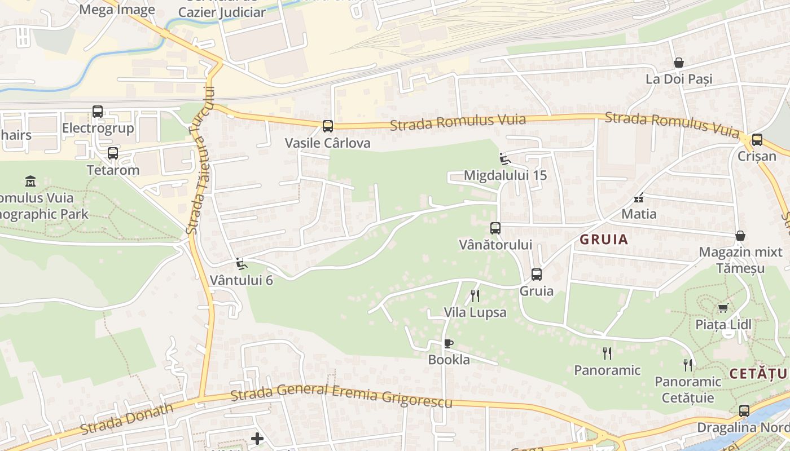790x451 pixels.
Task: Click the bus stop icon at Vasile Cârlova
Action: (x=328, y=126)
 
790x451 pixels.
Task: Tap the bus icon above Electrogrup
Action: (x=98, y=112)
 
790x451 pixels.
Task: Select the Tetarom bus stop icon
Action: (x=113, y=153)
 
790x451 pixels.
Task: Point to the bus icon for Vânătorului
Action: (x=495, y=228)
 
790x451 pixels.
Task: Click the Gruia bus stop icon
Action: (x=537, y=275)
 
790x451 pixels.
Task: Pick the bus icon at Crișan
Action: (x=757, y=140)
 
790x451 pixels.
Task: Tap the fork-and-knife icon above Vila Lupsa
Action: (x=475, y=296)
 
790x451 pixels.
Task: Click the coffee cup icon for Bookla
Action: (x=449, y=343)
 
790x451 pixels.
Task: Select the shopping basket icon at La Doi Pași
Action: (x=679, y=63)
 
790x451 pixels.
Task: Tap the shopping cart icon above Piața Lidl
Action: (x=723, y=308)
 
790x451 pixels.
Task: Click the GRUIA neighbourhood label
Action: (x=604, y=240)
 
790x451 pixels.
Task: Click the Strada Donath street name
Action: (x=126, y=418)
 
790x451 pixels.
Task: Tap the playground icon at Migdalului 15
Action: (x=505, y=159)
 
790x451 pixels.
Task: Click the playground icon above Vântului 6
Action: (x=241, y=263)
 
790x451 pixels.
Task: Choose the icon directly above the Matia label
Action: (x=639, y=198)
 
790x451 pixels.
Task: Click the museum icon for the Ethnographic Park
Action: (x=30, y=181)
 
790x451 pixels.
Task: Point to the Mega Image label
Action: (x=117, y=10)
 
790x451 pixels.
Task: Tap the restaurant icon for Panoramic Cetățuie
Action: (x=687, y=365)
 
